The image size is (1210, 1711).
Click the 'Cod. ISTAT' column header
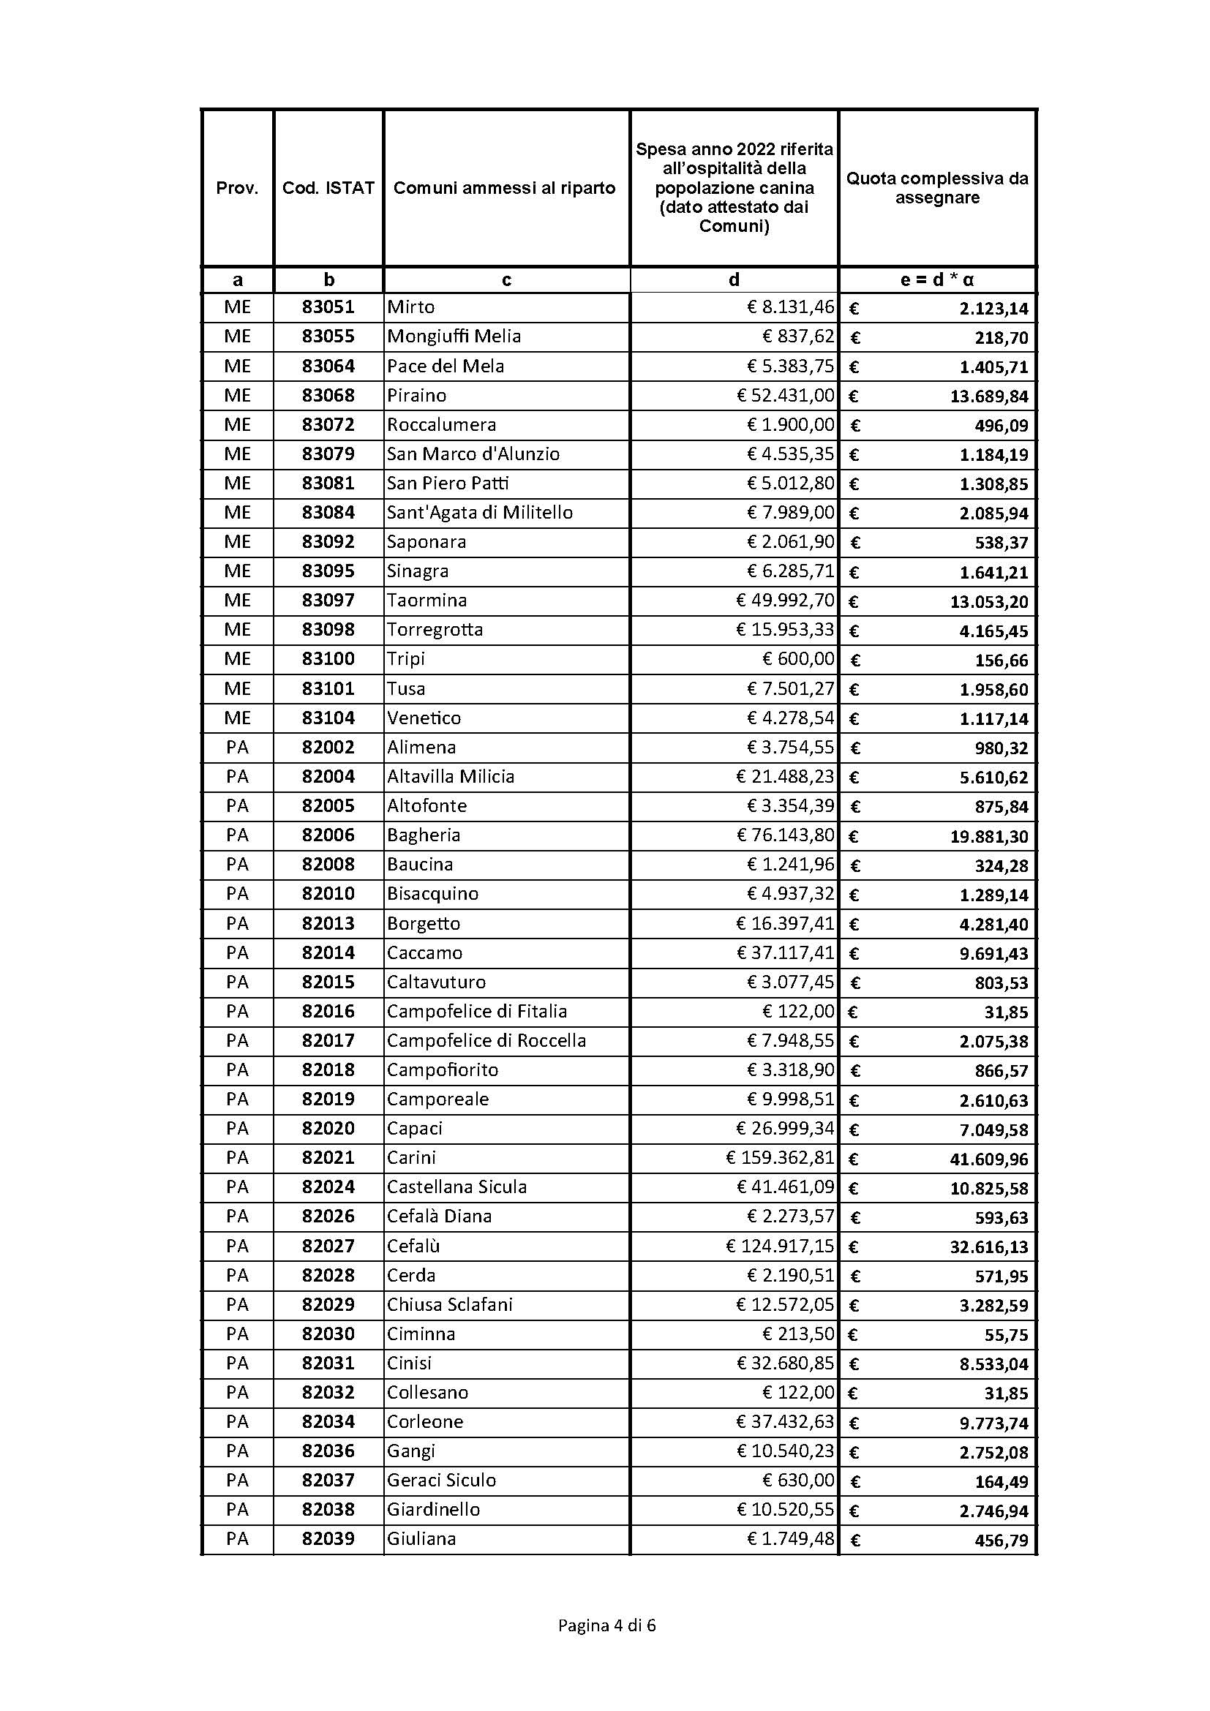(x=328, y=188)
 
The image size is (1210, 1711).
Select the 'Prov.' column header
(x=237, y=188)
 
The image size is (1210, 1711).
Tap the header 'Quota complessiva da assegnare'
(x=936, y=188)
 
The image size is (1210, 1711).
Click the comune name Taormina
(x=427, y=600)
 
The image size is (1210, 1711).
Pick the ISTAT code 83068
(x=328, y=395)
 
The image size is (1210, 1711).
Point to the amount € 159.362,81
(x=780, y=1157)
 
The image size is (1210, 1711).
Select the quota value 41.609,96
(x=989, y=1159)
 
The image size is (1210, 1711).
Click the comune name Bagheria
(x=423, y=835)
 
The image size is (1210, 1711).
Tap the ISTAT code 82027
(x=328, y=1246)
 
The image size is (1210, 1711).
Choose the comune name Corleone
(x=425, y=1421)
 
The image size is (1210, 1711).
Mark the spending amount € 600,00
(x=798, y=659)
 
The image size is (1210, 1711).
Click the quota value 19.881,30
(x=989, y=836)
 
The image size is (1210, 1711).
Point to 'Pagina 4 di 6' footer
(x=606, y=1625)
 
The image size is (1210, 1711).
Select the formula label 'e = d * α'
(x=936, y=280)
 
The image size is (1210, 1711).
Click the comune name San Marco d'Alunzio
(x=473, y=454)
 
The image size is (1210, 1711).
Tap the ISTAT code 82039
(x=328, y=1538)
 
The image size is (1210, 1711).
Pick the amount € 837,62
(x=798, y=336)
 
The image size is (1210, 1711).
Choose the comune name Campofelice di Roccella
(x=486, y=1040)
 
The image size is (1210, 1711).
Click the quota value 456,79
(x=1001, y=1540)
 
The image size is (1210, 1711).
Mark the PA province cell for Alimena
(x=237, y=747)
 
